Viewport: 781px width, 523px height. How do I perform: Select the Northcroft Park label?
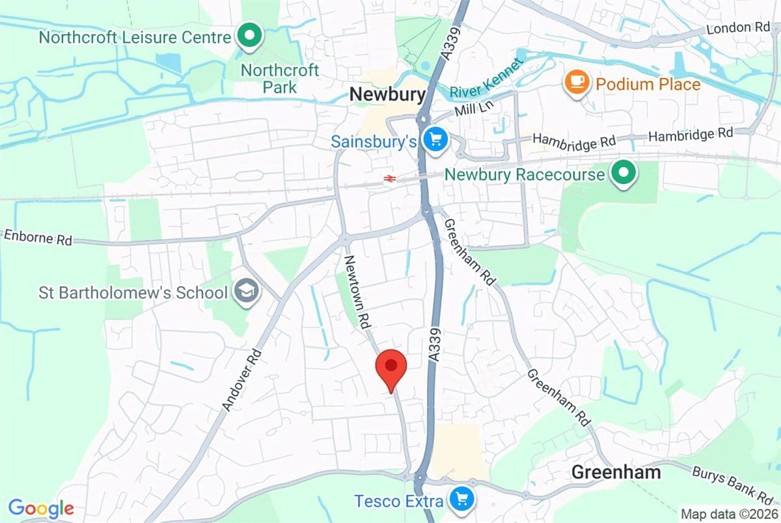[280, 78]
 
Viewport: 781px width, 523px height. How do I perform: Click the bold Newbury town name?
[387, 95]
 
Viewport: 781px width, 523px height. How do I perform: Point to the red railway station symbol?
[390, 178]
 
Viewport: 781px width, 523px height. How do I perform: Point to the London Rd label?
[738, 29]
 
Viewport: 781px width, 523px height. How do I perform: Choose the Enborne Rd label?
[36, 237]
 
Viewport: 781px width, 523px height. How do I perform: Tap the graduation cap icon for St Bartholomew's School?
[247, 292]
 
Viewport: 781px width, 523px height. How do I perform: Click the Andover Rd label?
[241, 380]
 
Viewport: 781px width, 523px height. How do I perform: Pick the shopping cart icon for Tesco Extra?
[462, 499]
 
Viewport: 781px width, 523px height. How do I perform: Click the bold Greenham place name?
[616, 472]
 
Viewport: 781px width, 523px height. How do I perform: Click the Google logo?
[41, 507]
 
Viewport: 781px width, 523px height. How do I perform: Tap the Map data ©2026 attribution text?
[728, 513]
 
